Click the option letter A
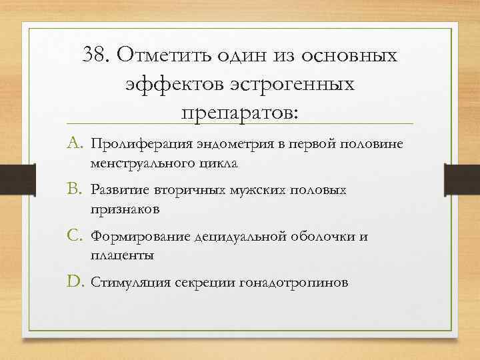coord(75,143)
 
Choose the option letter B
coord(75,190)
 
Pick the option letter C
coord(75,236)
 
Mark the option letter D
coord(76,283)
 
